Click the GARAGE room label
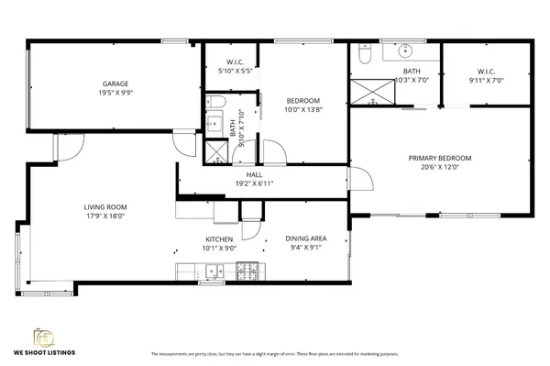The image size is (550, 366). tap(115, 83)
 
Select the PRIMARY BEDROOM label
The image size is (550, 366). tap(439, 158)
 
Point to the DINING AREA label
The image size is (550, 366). tap(305, 238)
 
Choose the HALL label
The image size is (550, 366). tap(254, 174)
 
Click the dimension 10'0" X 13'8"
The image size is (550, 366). tap(302, 109)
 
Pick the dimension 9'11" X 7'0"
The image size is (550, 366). tap(486, 80)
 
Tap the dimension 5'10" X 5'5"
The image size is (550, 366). tap(233, 71)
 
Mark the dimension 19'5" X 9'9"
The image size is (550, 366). tap(115, 93)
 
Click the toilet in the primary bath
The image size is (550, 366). tap(364, 57)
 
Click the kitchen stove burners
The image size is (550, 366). tap(247, 270)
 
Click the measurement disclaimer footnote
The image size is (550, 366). tap(274, 353)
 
